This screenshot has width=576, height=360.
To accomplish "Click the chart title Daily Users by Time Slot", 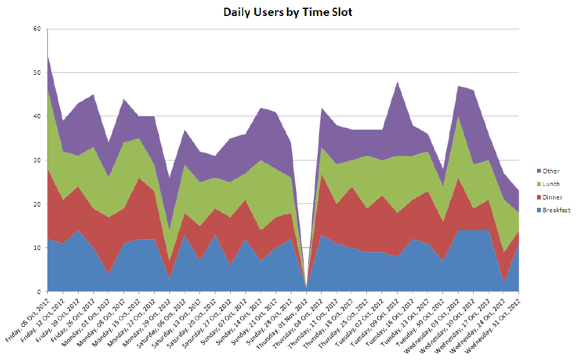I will pyautogui.click(x=288, y=12).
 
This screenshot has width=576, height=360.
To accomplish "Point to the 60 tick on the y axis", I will pyautogui.click(x=37, y=29).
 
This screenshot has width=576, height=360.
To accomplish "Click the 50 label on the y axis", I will pyautogui.click(x=37, y=73).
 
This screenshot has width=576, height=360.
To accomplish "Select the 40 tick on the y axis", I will pyautogui.click(x=37, y=116).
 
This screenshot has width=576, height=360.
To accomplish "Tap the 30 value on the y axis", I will pyautogui.click(x=37, y=160).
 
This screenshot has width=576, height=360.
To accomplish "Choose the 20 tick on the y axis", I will pyautogui.click(x=37, y=204).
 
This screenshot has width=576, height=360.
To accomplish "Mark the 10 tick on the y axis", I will pyautogui.click(x=37, y=248).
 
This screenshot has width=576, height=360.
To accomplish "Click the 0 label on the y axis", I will pyautogui.click(x=39, y=292).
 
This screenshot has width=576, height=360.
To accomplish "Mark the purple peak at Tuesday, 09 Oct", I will pyautogui.click(x=397, y=83).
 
